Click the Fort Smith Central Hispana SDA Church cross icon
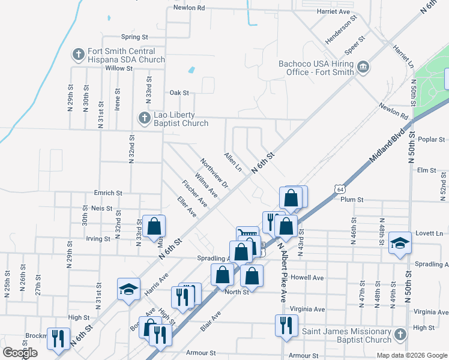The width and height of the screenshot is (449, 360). pos(78,55)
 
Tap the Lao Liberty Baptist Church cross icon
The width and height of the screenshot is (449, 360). pos(144,118)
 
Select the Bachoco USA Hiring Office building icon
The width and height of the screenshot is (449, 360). pos(363,67)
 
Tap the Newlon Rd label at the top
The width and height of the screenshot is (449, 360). pos(189,8)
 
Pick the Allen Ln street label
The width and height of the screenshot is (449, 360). pos(232,162)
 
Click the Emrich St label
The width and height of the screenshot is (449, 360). pos(108,193)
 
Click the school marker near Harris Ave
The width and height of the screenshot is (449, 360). pos(128,290)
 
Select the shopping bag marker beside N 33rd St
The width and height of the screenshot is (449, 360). pos(154,226)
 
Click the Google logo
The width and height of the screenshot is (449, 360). pos(20,353)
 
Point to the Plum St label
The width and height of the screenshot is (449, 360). pos(352,199)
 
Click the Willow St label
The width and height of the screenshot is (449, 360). pos(119,68)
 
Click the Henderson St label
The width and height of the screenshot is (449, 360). pos(341,27)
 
